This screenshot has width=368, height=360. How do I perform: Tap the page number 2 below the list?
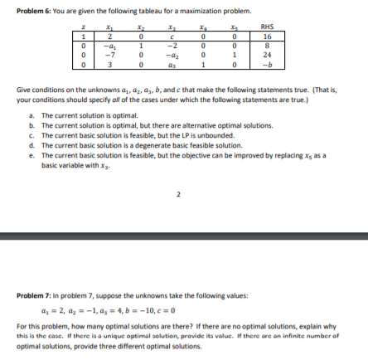pos(178,196)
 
